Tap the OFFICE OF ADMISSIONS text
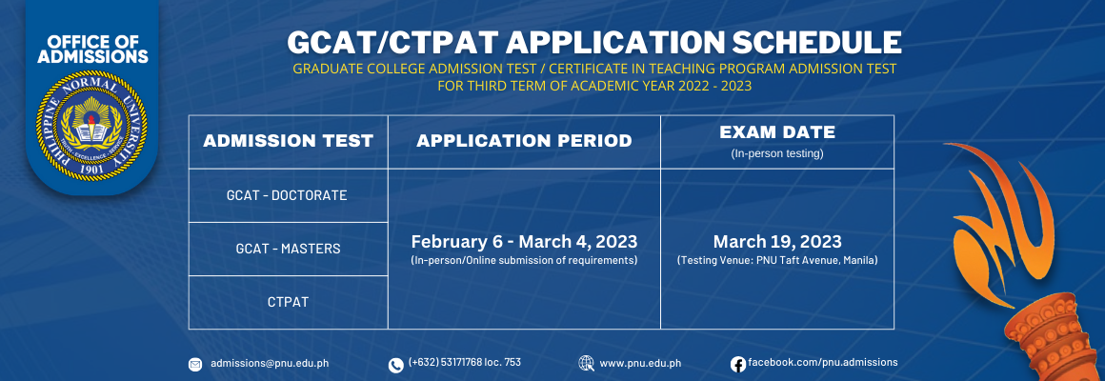[91, 48]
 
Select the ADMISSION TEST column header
[289, 141]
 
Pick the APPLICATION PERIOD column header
[524, 141]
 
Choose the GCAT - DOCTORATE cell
[287, 195]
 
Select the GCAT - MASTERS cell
[289, 249]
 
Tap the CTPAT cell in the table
[289, 302]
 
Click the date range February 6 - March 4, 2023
[524, 242]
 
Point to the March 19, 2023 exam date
[777, 242]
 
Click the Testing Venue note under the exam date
[777, 261]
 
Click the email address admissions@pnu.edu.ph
[270, 364]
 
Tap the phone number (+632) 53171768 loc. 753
[465, 362]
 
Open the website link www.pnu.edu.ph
[640, 364]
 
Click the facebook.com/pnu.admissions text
[822, 362]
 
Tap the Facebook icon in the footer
[738, 364]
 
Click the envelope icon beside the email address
[195, 364]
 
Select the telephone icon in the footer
[395, 365]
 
